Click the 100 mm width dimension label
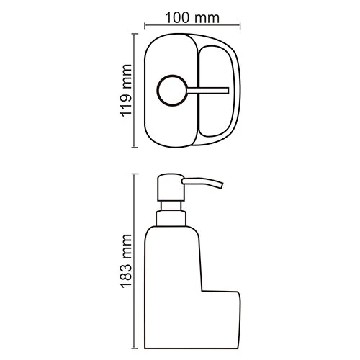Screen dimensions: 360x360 [192, 17]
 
